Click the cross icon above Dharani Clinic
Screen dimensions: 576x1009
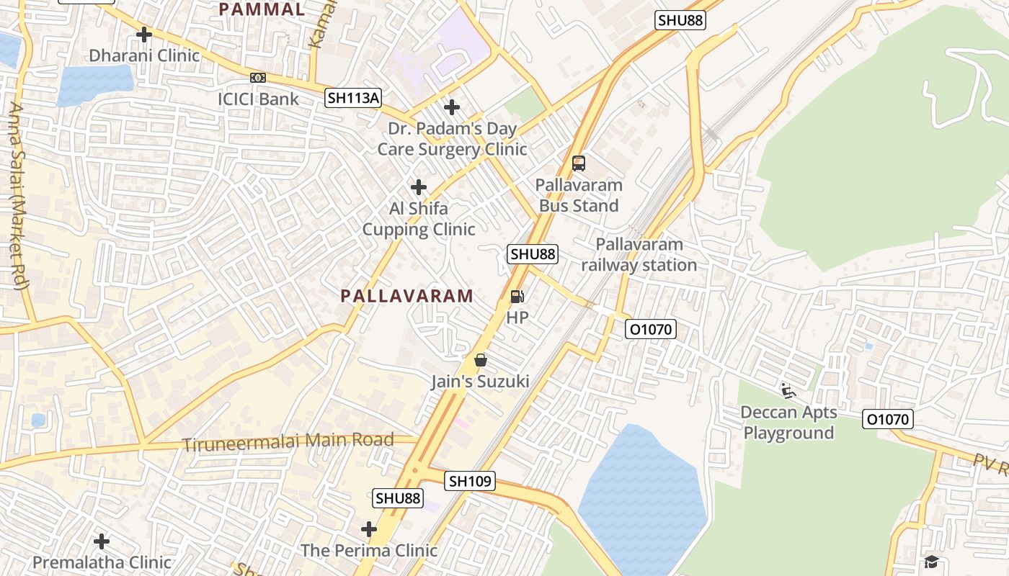144,34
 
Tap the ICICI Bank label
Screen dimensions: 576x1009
258,99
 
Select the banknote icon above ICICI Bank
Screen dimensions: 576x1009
258,77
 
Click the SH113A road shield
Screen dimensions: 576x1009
352,98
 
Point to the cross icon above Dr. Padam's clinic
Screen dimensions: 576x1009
452,107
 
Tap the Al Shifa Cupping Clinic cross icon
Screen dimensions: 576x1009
419,187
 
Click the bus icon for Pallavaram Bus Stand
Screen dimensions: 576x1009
579,163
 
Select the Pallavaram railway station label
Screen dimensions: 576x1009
639,255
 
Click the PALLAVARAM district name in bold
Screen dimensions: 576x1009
407,296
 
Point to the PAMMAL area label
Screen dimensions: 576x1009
262,9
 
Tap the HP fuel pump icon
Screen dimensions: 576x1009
517,296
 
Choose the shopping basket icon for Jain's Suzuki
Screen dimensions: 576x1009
481,360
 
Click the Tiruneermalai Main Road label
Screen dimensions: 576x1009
288,442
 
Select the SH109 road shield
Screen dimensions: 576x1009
470,481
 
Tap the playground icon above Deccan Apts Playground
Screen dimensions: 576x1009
788,391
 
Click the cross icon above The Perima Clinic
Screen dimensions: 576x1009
369,530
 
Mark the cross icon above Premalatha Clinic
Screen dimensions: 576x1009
102,541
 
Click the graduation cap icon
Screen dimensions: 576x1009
932,562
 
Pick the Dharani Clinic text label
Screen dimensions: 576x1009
144,55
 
